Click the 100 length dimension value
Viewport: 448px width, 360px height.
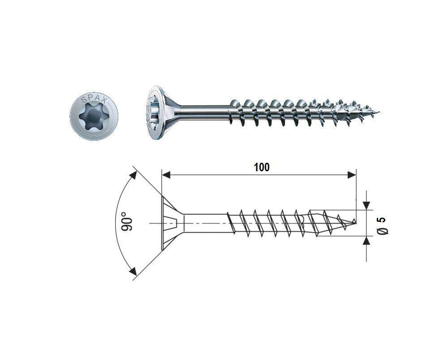click(x=262, y=167)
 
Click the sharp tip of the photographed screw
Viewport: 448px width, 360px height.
click(x=379, y=112)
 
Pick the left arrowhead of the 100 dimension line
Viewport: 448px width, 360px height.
click(x=166, y=175)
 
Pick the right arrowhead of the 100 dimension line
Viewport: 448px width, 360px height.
click(x=352, y=175)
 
